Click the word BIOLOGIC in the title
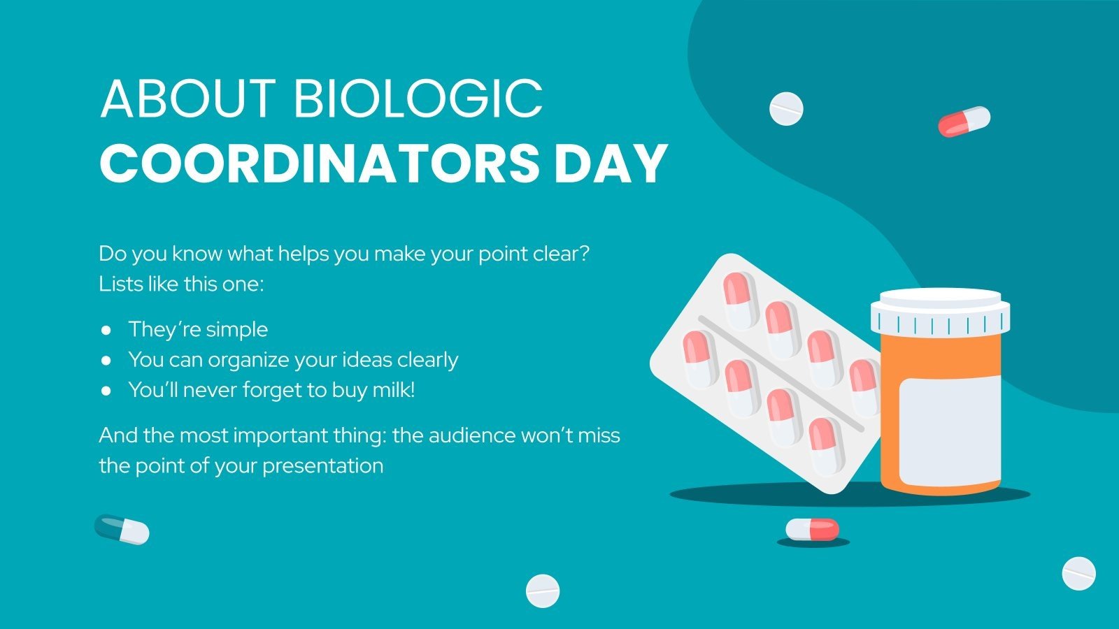pyautogui.click(x=418, y=99)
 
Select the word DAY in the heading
pyautogui.click(x=611, y=164)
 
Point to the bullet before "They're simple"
pyautogui.click(x=106, y=329)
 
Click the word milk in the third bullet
pyautogui.click(x=392, y=390)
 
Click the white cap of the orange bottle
pyautogui.click(x=940, y=310)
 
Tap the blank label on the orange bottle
pyautogui.click(x=949, y=431)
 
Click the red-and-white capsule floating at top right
pyautogui.click(x=964, y=121)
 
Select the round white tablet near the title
pyautogui.click(x=786, y=108)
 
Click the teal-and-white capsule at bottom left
pyautogui.click(x=122, y=529)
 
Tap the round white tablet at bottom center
pyautogui.click(x=543, y=591)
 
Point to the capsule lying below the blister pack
pyautogui.click(x=812, y=529)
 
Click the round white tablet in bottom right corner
pyautogui.click(x=1078, y=573)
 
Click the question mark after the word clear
pyautogui.click(x=585, y=254)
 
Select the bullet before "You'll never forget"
pyautogui.click(x=106, y=390)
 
